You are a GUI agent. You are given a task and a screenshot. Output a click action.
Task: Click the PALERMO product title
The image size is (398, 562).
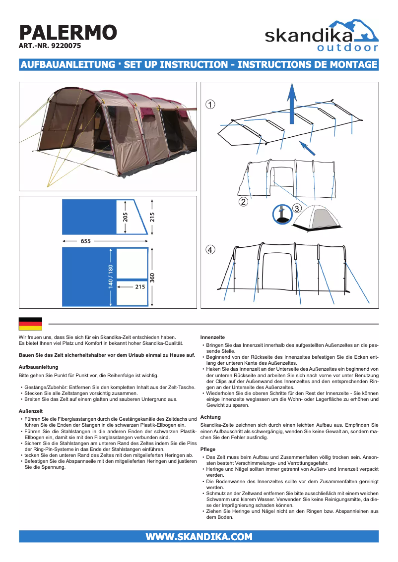click(67, 33)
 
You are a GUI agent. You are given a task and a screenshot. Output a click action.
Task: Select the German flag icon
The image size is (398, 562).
click(30, 324)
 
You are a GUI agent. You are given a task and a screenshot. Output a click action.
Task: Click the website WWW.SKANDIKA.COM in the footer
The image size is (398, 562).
click(199, 537)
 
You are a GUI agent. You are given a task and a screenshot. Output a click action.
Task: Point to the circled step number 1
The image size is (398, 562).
click(211, 105)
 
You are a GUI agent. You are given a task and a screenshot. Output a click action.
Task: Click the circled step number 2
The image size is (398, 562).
click(243, 202)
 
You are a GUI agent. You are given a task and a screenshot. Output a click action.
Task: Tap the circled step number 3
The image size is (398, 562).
click(296, 209)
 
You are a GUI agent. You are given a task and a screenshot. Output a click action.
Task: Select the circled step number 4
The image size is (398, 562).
click(211, 250)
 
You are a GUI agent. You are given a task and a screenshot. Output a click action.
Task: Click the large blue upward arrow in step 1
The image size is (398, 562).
click(292, 102)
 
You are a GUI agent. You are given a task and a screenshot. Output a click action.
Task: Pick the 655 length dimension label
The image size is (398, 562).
click(85, 241)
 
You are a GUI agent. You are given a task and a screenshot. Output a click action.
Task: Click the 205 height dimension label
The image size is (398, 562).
click(125, 217)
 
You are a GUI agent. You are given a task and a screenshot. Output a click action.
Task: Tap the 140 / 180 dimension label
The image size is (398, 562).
click(111, 276)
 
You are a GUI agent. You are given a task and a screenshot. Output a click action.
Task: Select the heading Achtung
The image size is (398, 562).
click(210, 417)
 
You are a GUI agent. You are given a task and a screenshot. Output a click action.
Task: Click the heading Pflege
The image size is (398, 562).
click(208, 449)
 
